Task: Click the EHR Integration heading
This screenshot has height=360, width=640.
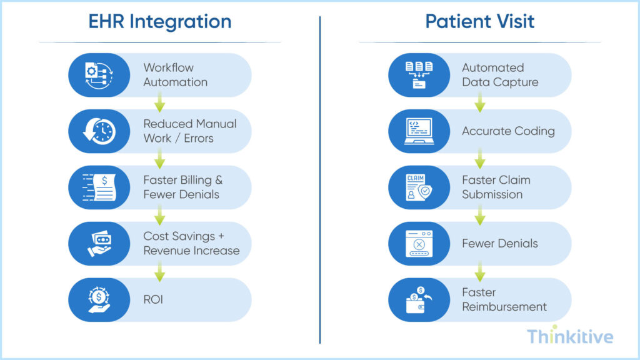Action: tap(159, 21)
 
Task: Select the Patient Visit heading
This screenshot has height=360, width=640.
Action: tap(479, 21)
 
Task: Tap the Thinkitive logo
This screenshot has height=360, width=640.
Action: tap(569, 337)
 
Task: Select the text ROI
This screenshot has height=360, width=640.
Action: tap(154, 300)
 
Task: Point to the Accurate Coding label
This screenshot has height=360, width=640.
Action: tap(508, 131)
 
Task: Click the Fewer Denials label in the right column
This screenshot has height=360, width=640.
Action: tap(499, 244)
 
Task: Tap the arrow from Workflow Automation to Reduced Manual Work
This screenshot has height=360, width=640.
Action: tap(159, 103)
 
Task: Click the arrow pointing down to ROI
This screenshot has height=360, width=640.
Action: tap(159, 272)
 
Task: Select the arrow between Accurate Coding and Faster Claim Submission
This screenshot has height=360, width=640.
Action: tap(479, 159)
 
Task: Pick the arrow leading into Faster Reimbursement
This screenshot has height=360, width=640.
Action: tap(479, 272)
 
